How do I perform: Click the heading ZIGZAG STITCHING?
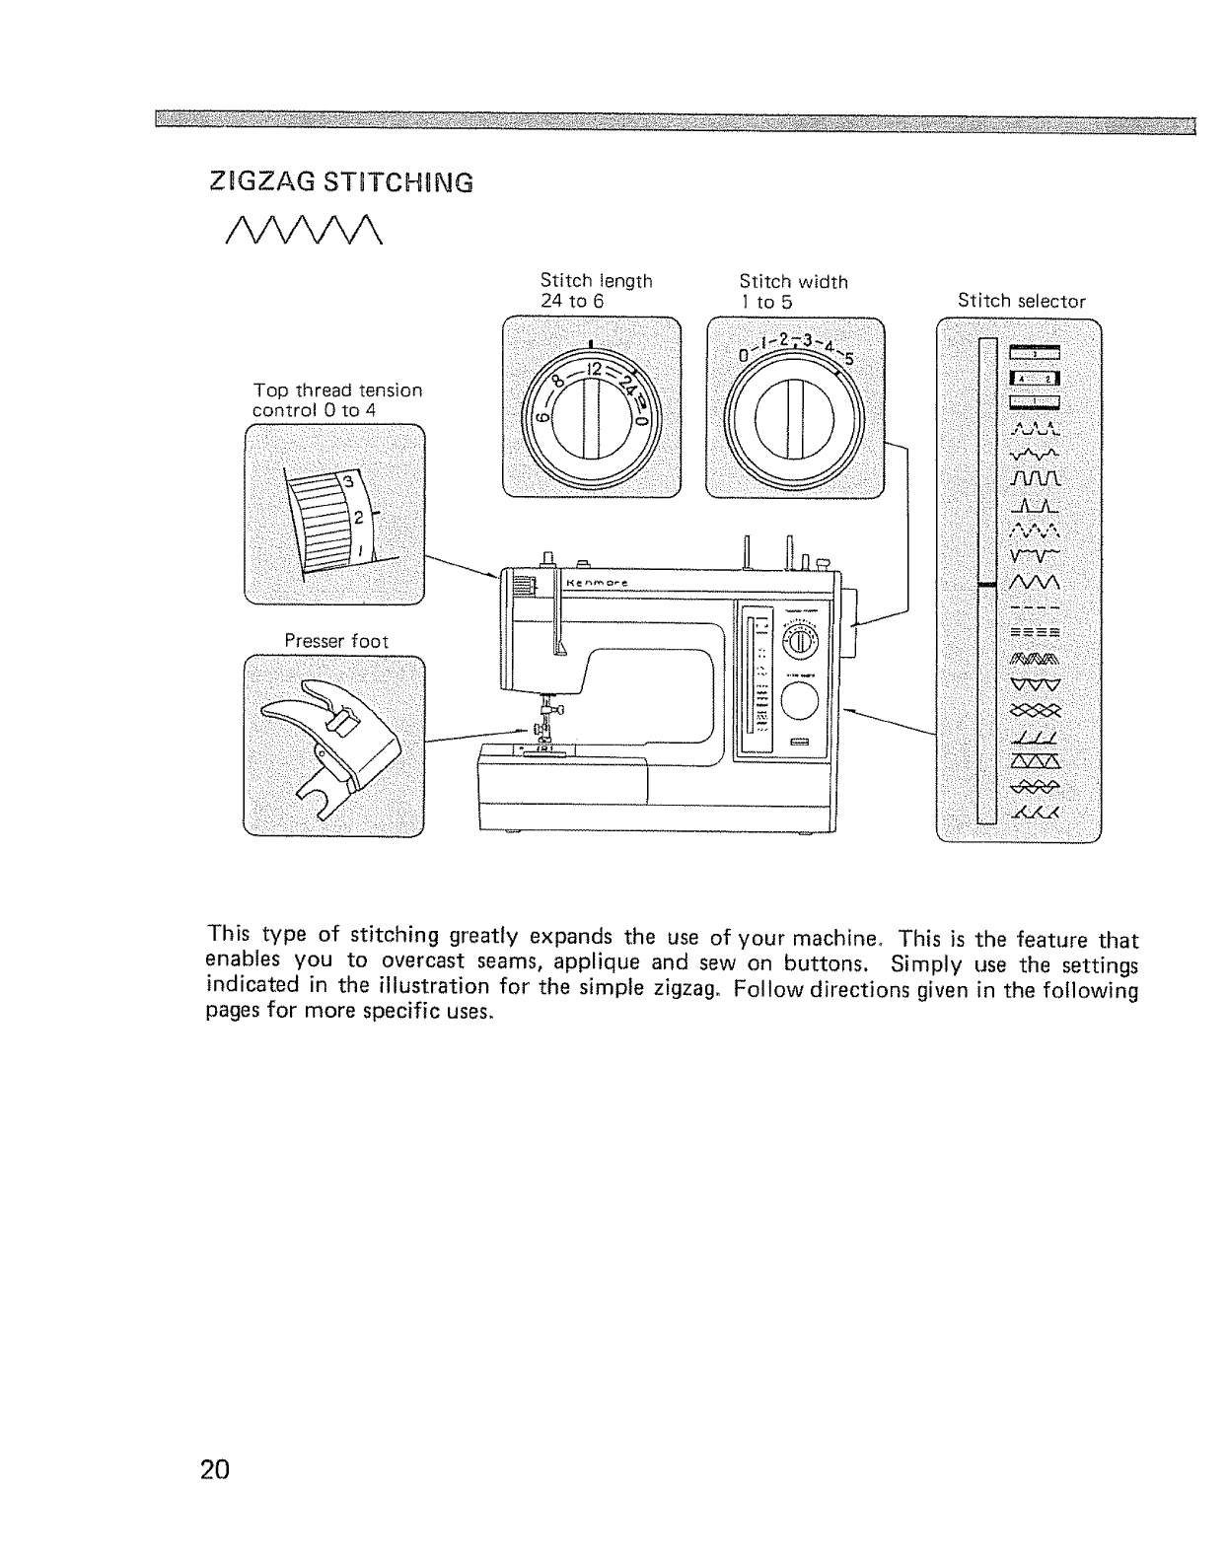(341, 183)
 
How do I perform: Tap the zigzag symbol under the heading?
(297, 232)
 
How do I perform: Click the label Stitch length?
(596, 281)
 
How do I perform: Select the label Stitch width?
(793, 282)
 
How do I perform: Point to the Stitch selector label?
(1021, 301)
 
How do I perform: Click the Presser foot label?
(336, 641)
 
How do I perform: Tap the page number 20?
(214, 1469)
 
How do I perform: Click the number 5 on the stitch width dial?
(848, 358)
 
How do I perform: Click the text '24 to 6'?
(571, 300)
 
